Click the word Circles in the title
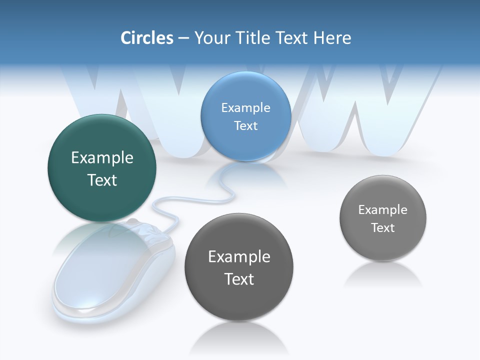click(146, 38)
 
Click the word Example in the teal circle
click(102, 158)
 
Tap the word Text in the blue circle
click(245, 126)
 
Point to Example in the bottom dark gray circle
click(239, 257)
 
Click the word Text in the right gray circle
click(382, 228)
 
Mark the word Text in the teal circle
click(102, 180)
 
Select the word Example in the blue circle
click(245, 108)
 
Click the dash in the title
click(183, 38)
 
